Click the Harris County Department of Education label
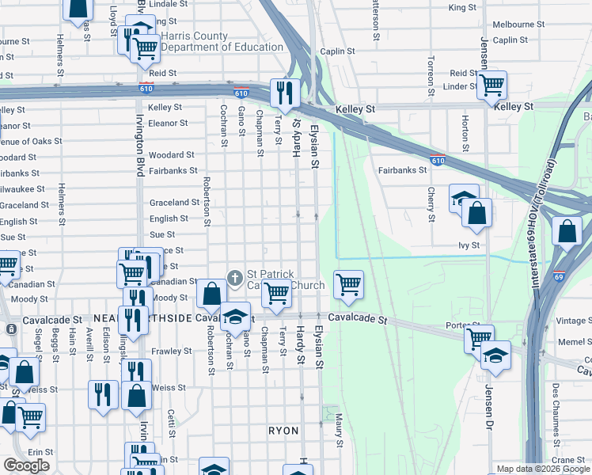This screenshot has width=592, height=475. click(x=222, y=41)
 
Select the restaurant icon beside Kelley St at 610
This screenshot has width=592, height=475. click(x=283, y=92)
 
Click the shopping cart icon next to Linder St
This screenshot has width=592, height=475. click(x=492, y=84)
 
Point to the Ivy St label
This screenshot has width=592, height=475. click(x=469, y=245)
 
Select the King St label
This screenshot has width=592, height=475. click(x=462, y=8)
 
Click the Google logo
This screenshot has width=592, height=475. click(x=27, y=465)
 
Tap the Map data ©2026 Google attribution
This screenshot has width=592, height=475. click(x=543, y=469)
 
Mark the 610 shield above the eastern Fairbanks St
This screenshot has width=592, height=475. click(x=437, y=160)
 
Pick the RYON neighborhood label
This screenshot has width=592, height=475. click(x=283, y=431)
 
